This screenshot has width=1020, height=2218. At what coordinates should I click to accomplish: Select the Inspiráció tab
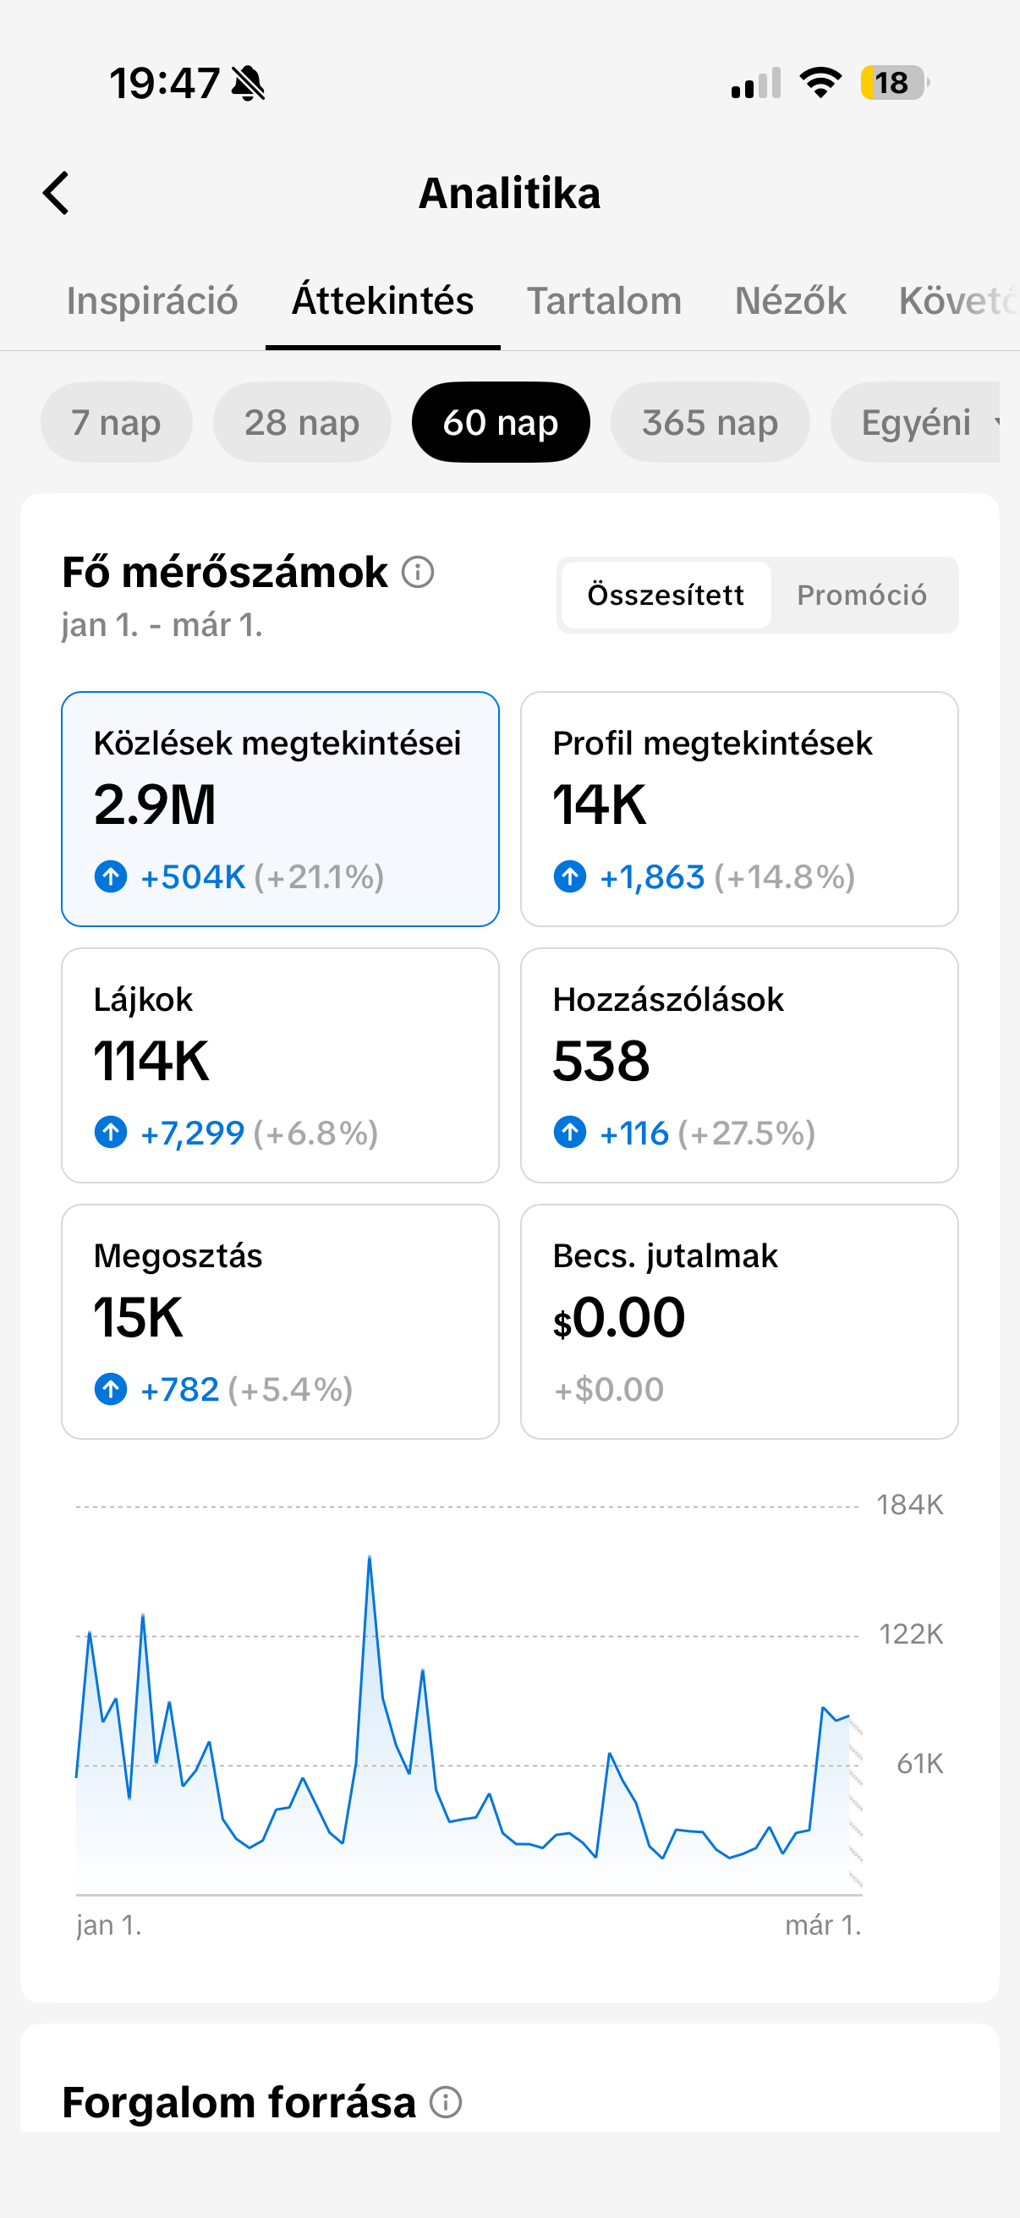point(152,301)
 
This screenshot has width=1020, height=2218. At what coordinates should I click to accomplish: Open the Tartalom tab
point(603,301)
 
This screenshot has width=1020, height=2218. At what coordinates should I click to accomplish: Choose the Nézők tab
point(790,301)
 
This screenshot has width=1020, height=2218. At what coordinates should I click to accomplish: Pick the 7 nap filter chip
point(116,423)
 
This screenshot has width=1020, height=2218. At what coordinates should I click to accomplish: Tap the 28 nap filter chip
point(301,423)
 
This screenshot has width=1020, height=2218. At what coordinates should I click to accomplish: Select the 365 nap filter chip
point(710,423)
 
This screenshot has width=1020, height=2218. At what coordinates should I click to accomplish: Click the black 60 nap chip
point(500,423)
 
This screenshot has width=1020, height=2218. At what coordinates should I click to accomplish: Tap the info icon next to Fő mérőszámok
point(419,572)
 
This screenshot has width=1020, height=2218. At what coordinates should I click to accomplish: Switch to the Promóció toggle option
point(861,595)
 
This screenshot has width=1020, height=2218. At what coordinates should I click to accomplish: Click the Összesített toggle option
point(666,595)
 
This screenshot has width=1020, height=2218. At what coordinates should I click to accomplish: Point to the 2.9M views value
point(155,805)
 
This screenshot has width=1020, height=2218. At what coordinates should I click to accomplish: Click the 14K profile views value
point(599,805)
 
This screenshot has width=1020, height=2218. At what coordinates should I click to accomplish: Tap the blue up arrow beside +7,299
point(111,1132)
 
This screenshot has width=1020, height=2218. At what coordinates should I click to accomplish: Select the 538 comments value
point(600,1061)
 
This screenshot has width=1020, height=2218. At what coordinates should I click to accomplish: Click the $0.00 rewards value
point(620,1317)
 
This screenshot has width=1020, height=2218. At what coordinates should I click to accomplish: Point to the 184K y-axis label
point(909,1505)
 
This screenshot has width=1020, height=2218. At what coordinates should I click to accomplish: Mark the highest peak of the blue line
point(370,1557)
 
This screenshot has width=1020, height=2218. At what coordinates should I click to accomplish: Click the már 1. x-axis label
point(822,1925)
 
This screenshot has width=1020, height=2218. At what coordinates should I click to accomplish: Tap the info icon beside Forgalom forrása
point(446,2103)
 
